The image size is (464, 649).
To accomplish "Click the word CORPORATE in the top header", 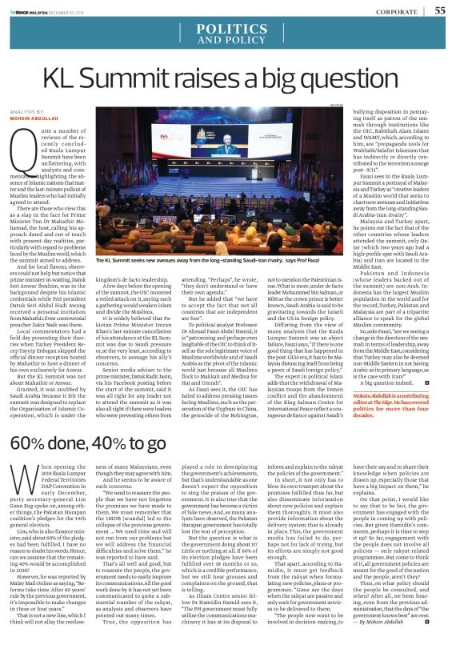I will tap(398, 10).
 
